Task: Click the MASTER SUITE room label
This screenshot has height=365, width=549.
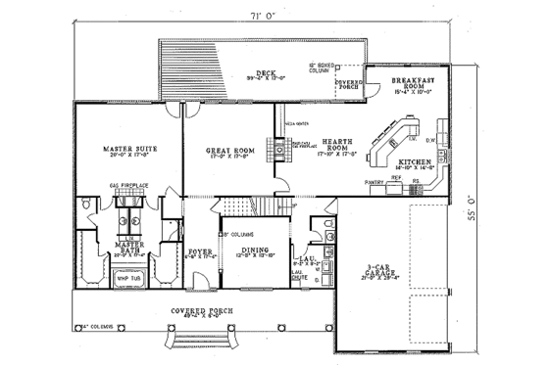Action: coord(125,150)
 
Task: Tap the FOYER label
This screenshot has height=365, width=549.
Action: coord(200,251)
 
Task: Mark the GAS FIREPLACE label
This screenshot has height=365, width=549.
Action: coord(126,184)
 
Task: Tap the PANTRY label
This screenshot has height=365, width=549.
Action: coord(374,182)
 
